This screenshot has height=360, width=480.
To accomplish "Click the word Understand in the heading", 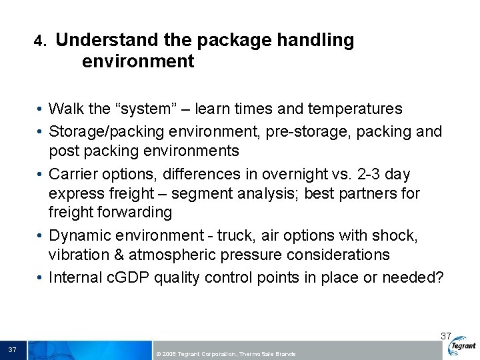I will [106, 41].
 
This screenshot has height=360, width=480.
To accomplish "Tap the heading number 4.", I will [40, 42].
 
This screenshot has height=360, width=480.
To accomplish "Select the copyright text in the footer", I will [224, 353].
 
